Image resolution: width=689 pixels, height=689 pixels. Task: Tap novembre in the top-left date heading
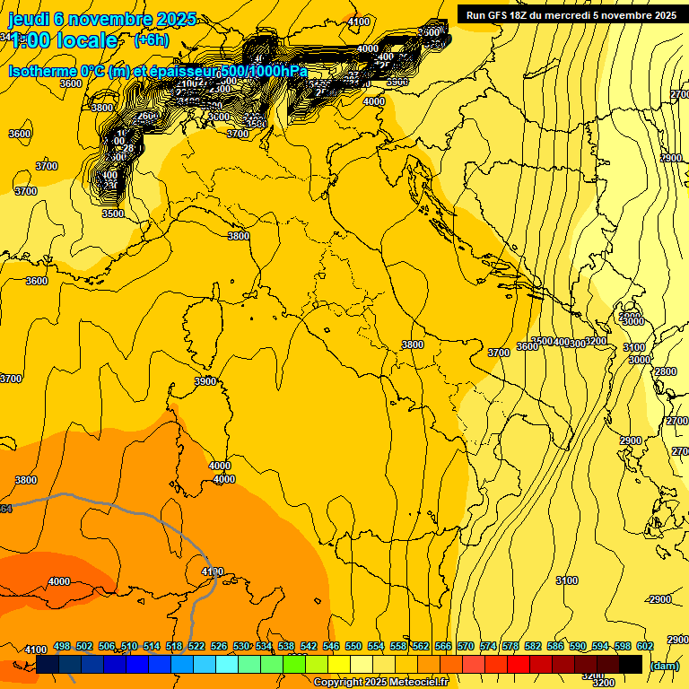pyautogui.click(x=110, y=19)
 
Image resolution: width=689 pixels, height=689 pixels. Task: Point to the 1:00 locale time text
pyautogui.click(x=63, y=40)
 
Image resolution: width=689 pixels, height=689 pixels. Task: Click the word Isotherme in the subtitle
pyautogui.click(x=42, y=71)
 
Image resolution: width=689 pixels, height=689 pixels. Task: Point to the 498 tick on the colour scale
pyautogui.click(x=62, y=646)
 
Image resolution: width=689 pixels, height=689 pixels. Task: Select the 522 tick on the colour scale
pyautogui.click(x=196, y=646)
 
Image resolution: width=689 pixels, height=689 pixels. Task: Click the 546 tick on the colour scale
pyautogui.click(x=331, y=646)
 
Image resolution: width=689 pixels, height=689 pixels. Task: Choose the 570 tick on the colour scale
pyautogui.click(x=466, y=646)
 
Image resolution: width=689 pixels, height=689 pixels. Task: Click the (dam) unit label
pyautogui.click(x=664, y=665)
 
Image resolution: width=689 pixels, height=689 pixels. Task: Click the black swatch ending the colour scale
pyautogui.click(x=631, y=664)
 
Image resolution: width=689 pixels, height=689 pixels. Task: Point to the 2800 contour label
pyautogui.click(x=665, y=371)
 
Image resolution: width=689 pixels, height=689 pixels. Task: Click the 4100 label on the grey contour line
pyautogui.click(x=212, y=571)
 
